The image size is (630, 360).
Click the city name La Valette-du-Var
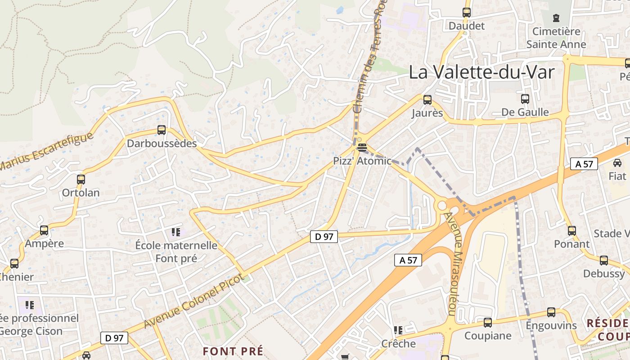point(481,72)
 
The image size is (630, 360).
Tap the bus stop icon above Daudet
point(467,13)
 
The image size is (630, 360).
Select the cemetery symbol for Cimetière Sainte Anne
point(556,18)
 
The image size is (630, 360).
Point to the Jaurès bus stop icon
point(427,100)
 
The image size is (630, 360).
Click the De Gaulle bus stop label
point(525,112)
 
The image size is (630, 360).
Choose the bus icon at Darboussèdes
point(162,130)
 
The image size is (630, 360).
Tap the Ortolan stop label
point(81,193)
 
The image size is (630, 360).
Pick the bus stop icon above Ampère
point(44,230)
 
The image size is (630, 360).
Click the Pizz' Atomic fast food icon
point(362,147)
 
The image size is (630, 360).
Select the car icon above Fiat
point(617,163)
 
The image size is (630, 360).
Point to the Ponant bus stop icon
point(571,231)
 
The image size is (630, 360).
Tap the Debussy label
point(604,274)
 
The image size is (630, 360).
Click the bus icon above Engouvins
point(551,312)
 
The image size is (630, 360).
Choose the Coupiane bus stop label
point(488,336)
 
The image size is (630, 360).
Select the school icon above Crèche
point(398,331)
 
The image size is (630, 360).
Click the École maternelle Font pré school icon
point(175,232)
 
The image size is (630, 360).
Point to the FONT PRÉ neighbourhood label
point(233,351)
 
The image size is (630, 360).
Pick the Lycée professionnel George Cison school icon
point(30,305)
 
